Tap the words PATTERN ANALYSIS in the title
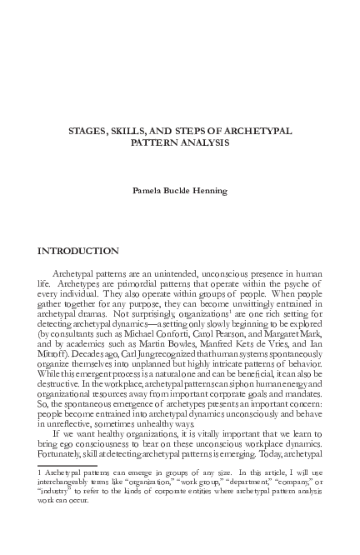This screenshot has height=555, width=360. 179,143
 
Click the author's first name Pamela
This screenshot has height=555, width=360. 148,190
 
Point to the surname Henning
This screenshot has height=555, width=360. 210,190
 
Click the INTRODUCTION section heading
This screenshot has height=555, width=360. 78,251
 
